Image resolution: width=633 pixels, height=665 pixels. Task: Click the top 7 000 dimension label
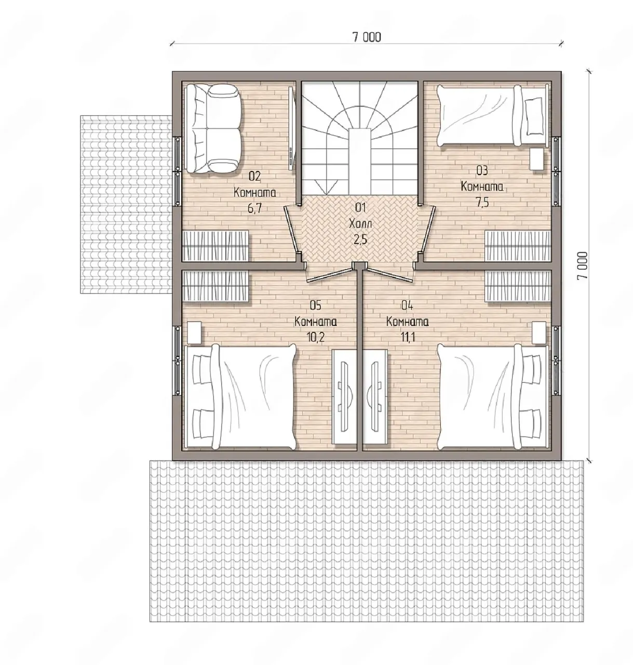point(367,36)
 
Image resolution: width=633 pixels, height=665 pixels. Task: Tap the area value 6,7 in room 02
point(254,208)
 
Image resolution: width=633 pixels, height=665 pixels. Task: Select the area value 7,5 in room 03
point(482,203)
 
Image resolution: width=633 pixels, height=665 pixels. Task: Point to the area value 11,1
point(408,337)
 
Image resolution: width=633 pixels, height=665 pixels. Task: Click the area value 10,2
point(316,337)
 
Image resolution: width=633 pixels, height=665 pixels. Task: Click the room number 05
point(316,305)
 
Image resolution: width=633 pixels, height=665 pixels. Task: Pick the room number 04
point(407,305)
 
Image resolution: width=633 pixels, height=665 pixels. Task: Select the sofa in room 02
point(213,128)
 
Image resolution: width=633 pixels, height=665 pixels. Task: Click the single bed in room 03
point(492,116)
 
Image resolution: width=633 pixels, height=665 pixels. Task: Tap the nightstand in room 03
point(537,158)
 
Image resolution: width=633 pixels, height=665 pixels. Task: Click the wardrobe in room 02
point(216,246)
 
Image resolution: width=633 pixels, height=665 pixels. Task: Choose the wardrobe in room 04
point(518,286)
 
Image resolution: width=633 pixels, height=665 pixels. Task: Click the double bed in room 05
point(241,397)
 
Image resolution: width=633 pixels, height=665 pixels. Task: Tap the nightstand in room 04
point(538,332)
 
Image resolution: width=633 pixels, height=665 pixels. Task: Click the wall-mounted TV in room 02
point(292,129)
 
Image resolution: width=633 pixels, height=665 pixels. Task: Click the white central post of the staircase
point(360,162)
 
